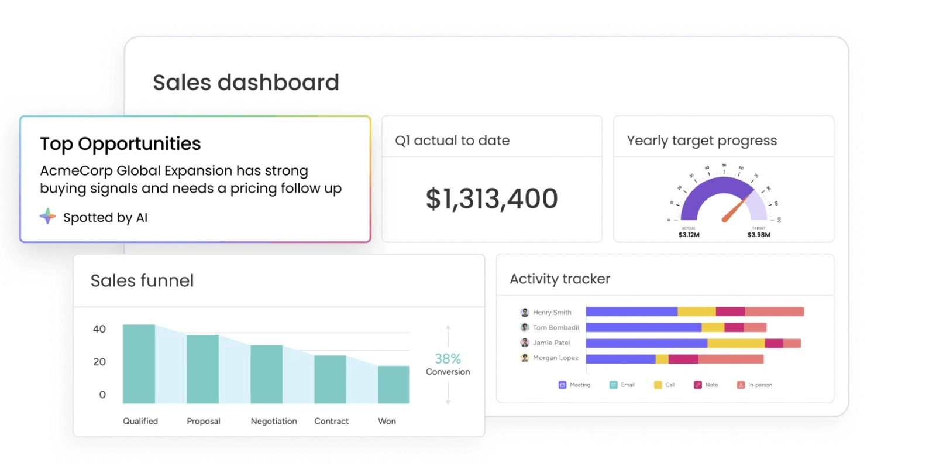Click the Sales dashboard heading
[x=246, y=83]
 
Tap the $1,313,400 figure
[x=491, y=199]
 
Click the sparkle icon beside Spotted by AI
[x=48, y=217]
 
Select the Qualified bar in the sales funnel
[x=139, y=364]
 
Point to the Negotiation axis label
[x=274, y=421]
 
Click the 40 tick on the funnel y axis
[x=99, y=329]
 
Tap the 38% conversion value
[x=448, y=358]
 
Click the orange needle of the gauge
[x=735, y=209]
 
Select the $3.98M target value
[x=759, y=235]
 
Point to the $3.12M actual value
[x=689, y=235]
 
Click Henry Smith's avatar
[x=525, y=313]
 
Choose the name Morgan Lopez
[x=555, y=358]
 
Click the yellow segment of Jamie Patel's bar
[x=735, y=343]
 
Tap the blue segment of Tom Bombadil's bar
[x=643, y=328]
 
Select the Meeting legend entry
[x=574, y=385]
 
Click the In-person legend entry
[x=755, y=385]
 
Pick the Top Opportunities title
[x=121, y=144]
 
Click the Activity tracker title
[x=560, y=279]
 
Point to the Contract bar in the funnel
[x=330, y=379]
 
